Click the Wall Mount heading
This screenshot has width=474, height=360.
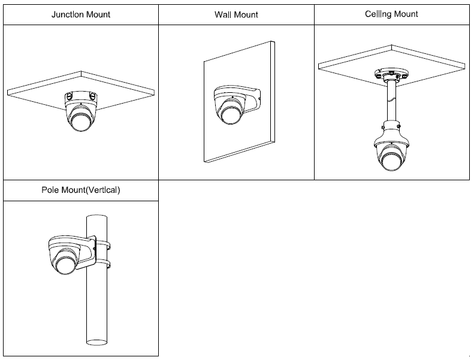coord(236,14)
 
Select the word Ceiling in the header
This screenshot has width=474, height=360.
coord(378,13)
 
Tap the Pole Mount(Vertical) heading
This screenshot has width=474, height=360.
coord(80,190)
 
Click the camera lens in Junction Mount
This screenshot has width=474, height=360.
coord(80,121)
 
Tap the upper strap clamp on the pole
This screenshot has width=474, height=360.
coord(103,244)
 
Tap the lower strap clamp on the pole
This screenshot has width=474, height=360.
coord(103,264)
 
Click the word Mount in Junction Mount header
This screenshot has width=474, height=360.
coord(98,14)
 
